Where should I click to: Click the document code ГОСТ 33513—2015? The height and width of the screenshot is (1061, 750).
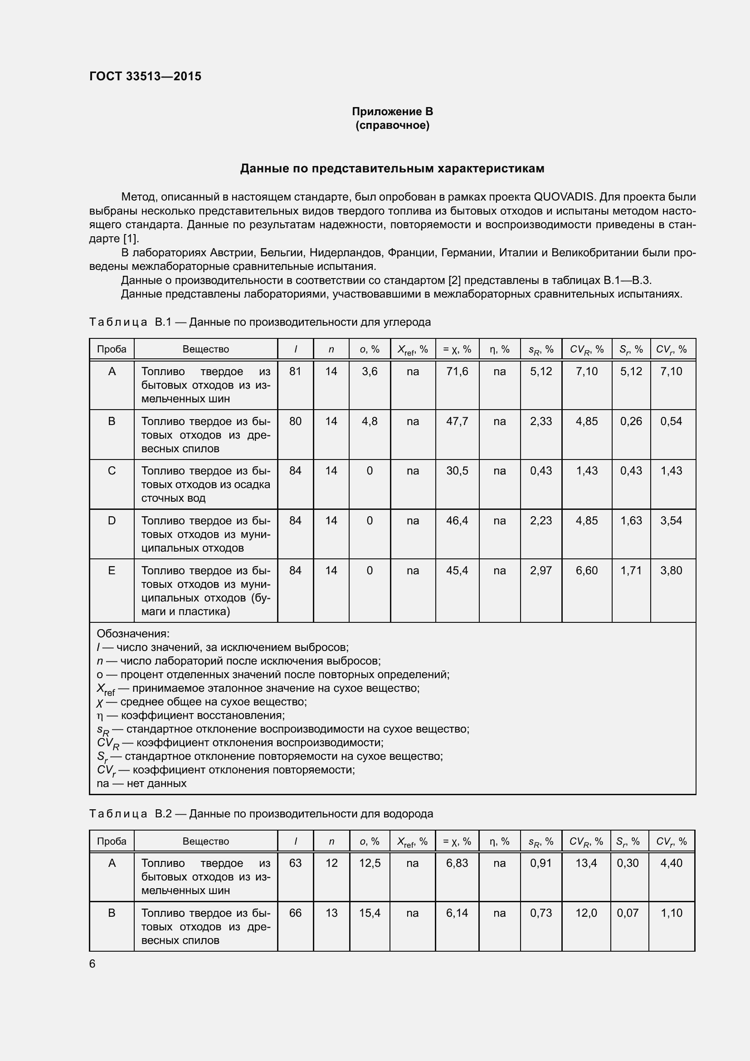[145, 76]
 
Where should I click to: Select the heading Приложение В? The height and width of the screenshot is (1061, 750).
[392, 112]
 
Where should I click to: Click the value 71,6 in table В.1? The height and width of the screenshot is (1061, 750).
[457, 372]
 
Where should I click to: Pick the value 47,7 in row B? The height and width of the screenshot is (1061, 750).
[457, 421]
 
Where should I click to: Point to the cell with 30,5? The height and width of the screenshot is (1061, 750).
[457, 471]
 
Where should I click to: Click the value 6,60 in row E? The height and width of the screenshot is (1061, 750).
[586, 571]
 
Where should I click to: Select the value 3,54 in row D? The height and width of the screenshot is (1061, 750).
[671, 521]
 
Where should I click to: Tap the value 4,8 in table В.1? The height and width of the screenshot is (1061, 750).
[370, 421]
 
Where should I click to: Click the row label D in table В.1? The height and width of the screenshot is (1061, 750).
[112, 521]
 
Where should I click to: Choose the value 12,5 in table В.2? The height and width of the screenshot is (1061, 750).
[370, 863]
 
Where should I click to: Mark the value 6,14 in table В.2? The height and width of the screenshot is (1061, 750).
[457, 913]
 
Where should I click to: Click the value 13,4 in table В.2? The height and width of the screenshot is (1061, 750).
[585, 863]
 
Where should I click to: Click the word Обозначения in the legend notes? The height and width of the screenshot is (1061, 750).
[133, 634]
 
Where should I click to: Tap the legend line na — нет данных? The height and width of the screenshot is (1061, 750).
[141, 783]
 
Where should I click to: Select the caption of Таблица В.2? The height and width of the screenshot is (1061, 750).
[261, 814]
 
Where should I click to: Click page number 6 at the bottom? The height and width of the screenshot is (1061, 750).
[93, 963]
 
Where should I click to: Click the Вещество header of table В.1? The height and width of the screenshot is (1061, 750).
[205, 349]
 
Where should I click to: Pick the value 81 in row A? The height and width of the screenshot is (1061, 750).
[295, 372]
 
